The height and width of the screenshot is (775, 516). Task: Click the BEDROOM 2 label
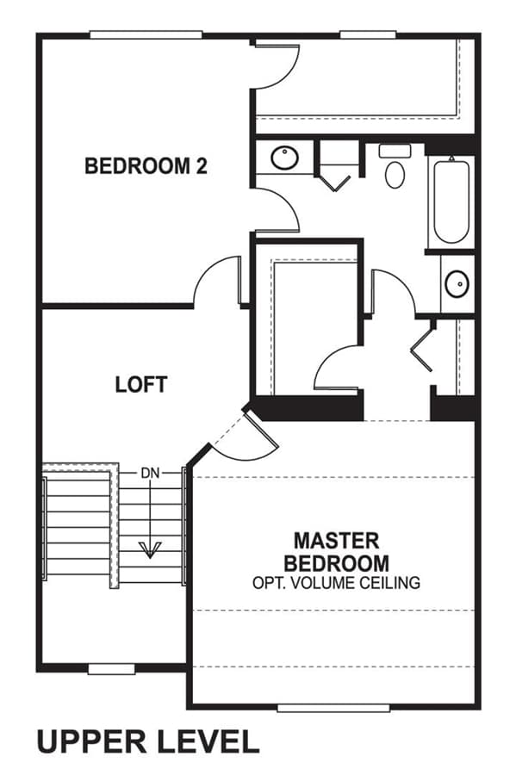point(146,165)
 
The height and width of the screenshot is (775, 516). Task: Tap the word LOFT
point(141,385)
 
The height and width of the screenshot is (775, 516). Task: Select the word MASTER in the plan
point(337,540)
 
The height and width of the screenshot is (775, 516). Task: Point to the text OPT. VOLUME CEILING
point(336,583)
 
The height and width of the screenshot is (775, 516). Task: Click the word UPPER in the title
point(91,742)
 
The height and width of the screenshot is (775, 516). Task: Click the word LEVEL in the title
point(208,742)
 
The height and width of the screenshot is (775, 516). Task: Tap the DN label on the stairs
point(150,473)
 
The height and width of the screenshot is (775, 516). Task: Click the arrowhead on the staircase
point(150,549)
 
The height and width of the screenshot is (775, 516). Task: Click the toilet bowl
point(395,175)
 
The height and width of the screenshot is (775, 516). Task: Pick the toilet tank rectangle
point(395,151)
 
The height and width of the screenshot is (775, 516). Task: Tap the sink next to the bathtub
point(457,284)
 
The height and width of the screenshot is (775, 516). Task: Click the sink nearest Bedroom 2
point(284,158)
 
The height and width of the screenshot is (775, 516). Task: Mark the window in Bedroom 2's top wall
point(146,35)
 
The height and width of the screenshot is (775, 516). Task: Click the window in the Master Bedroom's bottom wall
point(333,709)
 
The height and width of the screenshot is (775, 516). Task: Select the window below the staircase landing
point(112,669)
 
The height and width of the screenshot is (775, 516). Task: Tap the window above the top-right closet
point(368,35)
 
